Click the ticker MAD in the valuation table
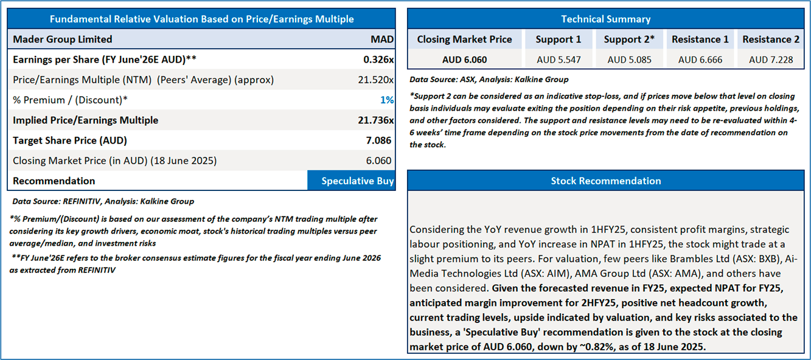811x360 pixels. coord(382,40)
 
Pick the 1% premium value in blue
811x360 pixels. coord(388,100)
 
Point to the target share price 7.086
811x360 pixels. coord(378,140)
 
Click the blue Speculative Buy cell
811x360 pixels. coord(357,181)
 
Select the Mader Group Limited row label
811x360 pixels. coord(63,40)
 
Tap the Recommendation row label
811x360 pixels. coord(54,181)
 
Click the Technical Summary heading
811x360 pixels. coord(605,19)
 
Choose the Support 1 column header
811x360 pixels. coord(558,40)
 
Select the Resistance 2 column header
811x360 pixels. coord(771,40)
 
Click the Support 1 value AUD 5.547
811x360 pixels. coord(559,60)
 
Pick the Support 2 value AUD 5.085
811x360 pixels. coord(629,60)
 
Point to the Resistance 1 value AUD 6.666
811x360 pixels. coord(700,60)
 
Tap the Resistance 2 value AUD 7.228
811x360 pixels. coord(771,60)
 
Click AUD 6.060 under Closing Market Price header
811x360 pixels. coord(464,60)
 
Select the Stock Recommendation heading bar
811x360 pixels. coord(605,181)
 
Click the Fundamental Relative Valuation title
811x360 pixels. coord(201,19)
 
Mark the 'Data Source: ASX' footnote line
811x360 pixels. coord(489,79)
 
